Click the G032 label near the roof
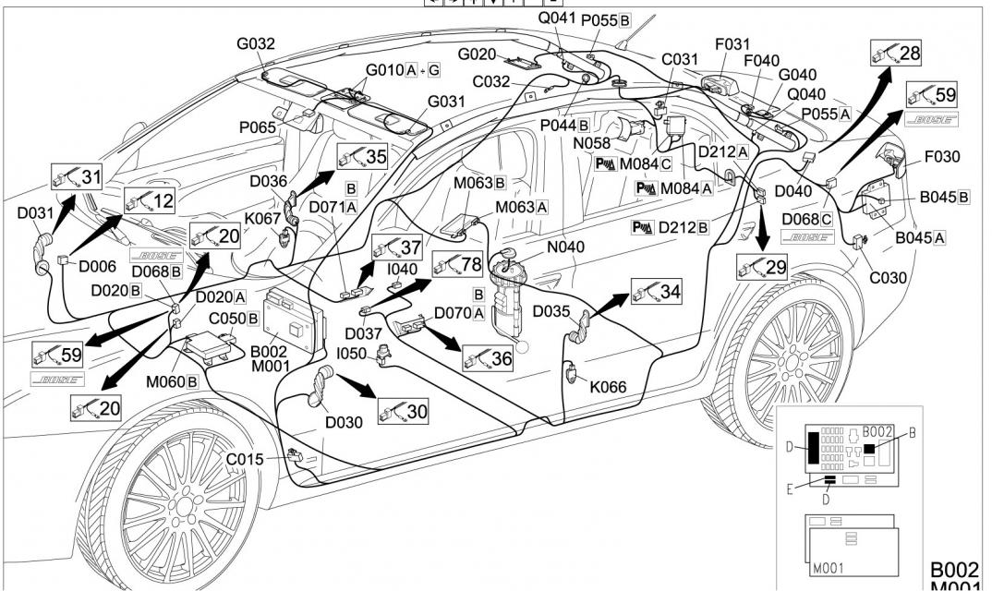click(256, 42)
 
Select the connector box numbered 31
click(79, 175)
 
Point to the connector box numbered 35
click(362, 155)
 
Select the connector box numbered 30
click(404, 411)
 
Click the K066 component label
click(608, 386)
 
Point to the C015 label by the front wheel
click(246, 459)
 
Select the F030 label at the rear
click(941, 157)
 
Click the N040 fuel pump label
click(565, 247)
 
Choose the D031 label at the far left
click(36, 212)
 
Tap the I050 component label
click(352, 355)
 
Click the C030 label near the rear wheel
click(887, 277)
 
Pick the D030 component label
click(343, 422)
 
